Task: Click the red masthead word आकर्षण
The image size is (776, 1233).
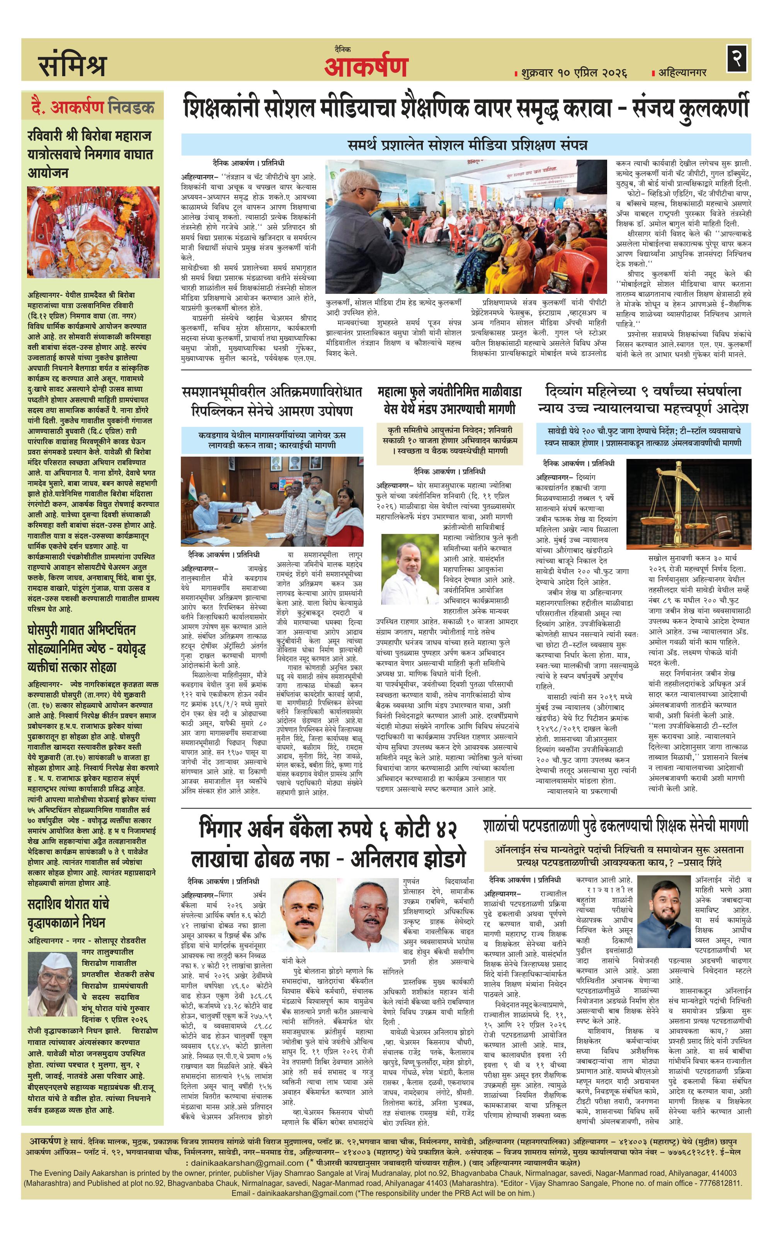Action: click(x=366, y=66)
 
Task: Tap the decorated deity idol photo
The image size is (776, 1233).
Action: click(x=93, y=232)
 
